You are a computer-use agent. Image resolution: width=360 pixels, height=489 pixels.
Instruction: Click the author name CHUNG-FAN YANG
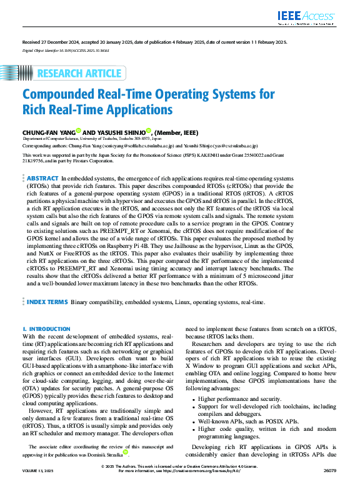tap(49, 132)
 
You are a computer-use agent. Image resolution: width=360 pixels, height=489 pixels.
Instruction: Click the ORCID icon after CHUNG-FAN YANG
tap(79, 131)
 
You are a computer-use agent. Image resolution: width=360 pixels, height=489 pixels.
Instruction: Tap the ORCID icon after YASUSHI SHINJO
tap(149, 131)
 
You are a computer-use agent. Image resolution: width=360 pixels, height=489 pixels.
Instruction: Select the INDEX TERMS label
tap(47, 302)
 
